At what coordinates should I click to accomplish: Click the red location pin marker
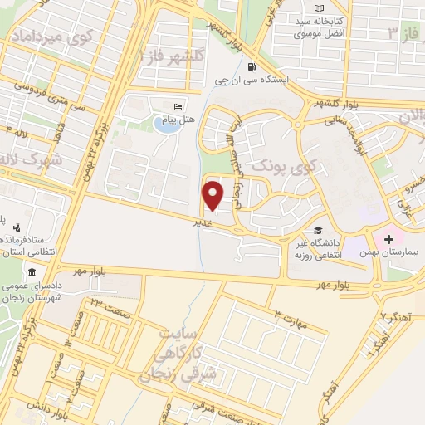pos(213,194)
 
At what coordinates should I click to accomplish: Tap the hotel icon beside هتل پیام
pos(177,107)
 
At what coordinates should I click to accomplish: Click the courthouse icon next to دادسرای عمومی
pos(31,273)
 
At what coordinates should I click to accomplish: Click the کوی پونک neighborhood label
pos(283,166)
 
